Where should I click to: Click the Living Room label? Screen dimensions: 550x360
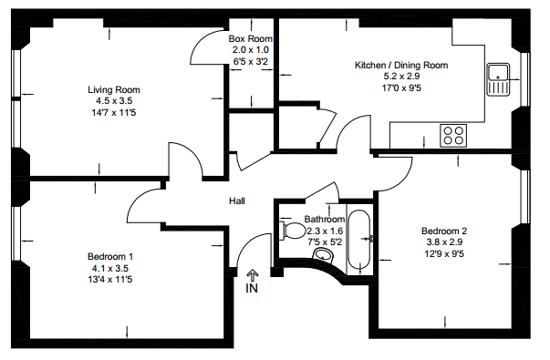pos(114,89)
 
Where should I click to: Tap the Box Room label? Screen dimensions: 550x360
pos(251,38)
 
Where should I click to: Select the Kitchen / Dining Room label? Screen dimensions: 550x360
pos(401,66)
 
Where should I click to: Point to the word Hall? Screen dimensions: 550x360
pos(237,201)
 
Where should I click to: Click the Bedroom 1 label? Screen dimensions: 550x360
pos(110,257)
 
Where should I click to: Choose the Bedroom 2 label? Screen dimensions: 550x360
pos(444,231)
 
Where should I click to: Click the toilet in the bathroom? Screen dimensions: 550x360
pos(293,231)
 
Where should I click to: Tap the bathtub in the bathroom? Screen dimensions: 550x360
pos(358,239)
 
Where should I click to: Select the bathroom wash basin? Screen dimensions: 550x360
pos(323,255)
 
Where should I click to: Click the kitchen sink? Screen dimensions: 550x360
pos(498,79)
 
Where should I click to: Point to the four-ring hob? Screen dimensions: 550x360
pos(453,136)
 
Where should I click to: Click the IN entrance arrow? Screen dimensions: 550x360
pos(253,275)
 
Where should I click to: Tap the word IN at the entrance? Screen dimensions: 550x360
pos(252,288)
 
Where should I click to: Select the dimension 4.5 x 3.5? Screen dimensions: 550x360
pos(114,101)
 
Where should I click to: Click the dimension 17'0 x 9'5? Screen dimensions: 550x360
pos(401,88)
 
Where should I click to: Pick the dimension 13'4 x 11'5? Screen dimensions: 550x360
pos(110,280)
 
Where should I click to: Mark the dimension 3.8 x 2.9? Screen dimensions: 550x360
pos(444,242)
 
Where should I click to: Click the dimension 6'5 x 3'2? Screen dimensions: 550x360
pos(251,61)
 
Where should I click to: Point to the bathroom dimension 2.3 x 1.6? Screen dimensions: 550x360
pos(325,231)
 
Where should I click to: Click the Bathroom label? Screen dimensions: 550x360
pos(325,220)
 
